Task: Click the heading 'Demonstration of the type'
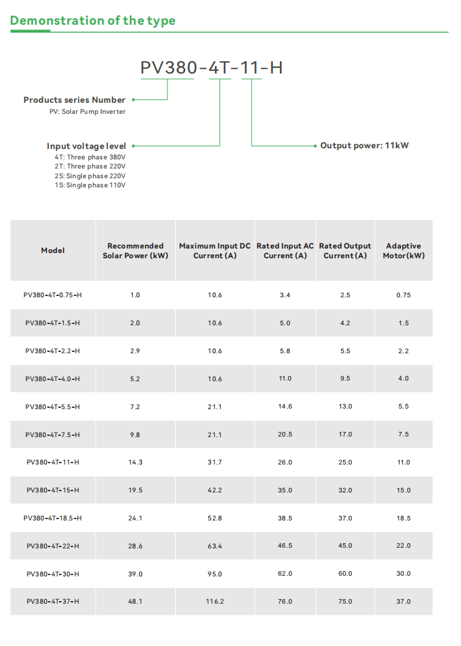92,21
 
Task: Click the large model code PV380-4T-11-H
212,68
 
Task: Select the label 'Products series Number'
74,100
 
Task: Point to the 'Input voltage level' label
86,146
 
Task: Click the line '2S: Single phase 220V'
90,176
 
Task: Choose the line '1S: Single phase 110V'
90,185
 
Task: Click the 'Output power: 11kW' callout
364,146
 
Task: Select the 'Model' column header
53,250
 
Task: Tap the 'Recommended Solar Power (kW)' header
135,250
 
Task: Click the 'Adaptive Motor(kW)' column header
403,250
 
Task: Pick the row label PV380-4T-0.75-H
53,295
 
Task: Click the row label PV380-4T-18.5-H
53,518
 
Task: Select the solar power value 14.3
135,463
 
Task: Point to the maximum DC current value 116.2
215,602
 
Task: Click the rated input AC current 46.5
285,546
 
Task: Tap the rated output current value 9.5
345,379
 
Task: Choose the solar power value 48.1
135,602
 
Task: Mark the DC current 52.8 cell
215,518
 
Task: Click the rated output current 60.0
345,574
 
